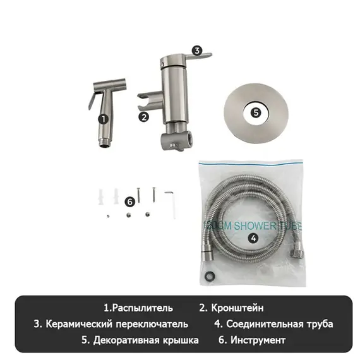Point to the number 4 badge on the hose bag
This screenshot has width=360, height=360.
(x=253, y=238)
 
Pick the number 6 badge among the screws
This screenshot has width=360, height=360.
(x=129, y=201)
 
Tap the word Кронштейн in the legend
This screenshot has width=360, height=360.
(x=236, y=308)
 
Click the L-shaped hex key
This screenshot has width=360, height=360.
(x=171, y=201)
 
